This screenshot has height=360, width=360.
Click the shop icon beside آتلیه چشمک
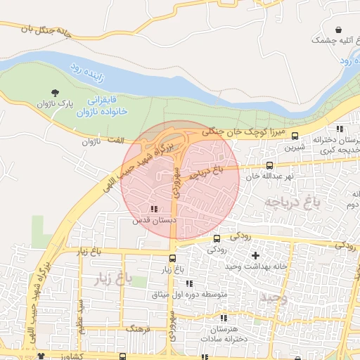[340, 30]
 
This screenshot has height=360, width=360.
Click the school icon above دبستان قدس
[154, 209]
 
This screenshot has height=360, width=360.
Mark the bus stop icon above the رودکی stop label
[217, 238]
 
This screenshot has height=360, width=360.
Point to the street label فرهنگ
[134, 328]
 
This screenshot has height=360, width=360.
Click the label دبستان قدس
[153, 220]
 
